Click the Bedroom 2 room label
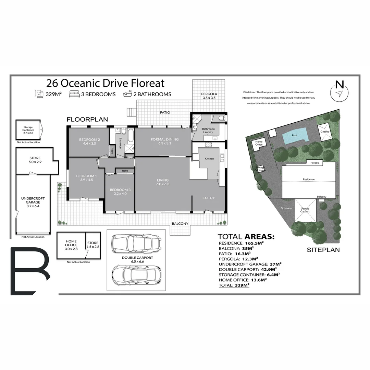89,141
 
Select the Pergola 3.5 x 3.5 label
209,96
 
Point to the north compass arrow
339,93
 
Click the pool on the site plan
294,135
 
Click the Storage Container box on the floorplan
28,130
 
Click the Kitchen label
209,159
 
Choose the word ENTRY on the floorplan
209,198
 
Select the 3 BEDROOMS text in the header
98,94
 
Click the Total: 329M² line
233,285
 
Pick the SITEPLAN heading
323,250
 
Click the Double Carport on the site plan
305,210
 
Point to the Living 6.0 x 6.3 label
163,182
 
